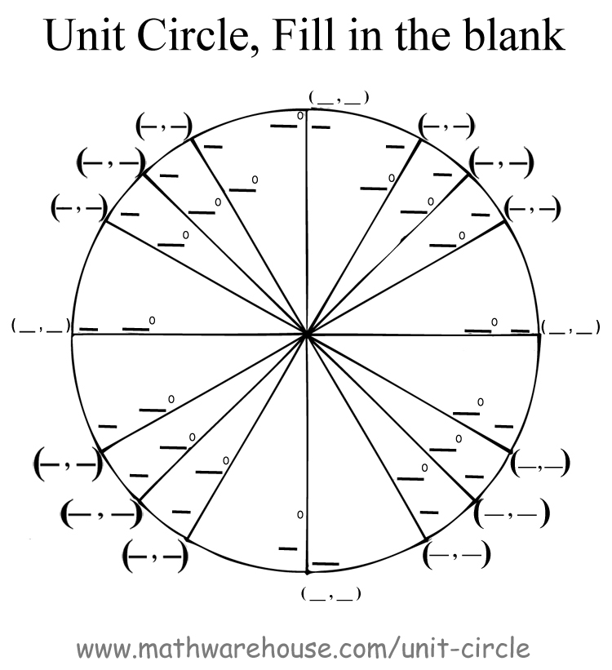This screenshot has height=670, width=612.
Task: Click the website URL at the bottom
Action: [304, 649]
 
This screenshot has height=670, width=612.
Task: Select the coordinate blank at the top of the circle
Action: [339, 98]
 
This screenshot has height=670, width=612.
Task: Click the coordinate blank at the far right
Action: [570, 329]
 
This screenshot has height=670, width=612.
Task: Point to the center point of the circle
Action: [307, 333]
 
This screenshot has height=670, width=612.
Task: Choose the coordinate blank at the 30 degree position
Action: [531, 208]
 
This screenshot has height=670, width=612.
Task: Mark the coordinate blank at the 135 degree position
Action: [109, 162]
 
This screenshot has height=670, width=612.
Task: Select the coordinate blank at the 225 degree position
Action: [100, 514]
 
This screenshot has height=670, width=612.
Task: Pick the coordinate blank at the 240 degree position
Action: [154, 558]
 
